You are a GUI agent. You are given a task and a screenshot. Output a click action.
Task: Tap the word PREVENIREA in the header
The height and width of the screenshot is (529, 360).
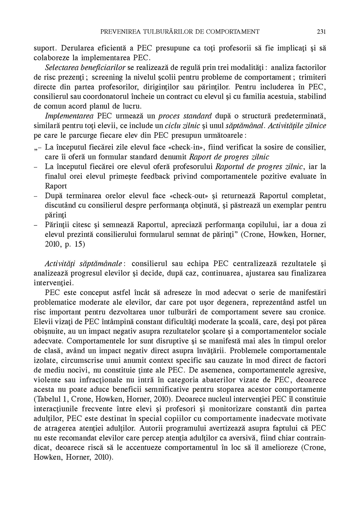click(118, 32)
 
